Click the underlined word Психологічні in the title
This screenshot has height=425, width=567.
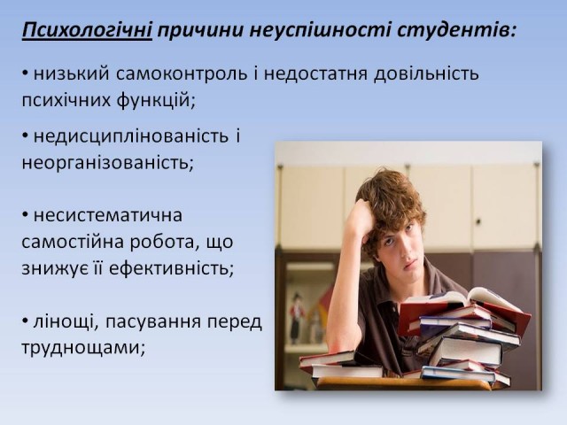tap(87, 30)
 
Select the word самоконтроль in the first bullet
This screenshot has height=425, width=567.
tap(182, 74)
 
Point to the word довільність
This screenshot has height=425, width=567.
tap(426, 73)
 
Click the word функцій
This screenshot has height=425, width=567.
tap(156, 100)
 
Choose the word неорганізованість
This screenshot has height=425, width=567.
tap(108, 163)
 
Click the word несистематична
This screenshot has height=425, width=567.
tap(108, 216)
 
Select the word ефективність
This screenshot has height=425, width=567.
tap(171, 268)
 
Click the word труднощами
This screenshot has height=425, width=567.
tap(83, 348)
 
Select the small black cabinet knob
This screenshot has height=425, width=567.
tap(478, 221)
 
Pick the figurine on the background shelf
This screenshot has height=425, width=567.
tap(297, 318)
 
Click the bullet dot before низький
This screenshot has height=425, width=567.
tap(25, 73)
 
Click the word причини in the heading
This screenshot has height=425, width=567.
tap(200, 30)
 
